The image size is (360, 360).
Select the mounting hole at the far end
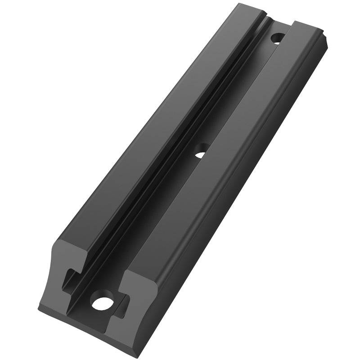[x=277, y=38]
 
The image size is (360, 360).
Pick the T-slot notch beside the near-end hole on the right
[x=121, y=302]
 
